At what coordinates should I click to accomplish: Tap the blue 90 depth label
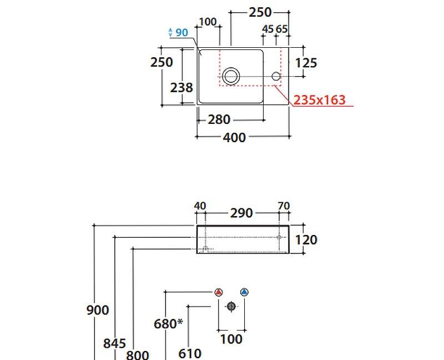coord(181,33)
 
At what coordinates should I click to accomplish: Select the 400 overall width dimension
coord(234,137)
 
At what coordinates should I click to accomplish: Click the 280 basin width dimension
coord(219,119)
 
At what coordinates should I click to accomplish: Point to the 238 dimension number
coord(181,87)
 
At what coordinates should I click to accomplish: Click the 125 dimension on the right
coord(306,63)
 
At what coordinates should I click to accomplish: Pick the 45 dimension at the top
coord(268,29)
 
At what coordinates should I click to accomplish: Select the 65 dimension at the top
coord(281,29)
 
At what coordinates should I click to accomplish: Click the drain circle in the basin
coord(231,76)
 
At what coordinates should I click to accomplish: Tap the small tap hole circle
coord(276,76)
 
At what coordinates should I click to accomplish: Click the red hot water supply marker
coord(219,292)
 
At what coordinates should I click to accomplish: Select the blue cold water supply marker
coord(244,292)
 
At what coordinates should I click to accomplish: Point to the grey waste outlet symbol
coord(231,306)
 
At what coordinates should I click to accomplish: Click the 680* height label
coord(168,323)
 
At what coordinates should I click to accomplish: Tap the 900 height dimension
coord(98,310)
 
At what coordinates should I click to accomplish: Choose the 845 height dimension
coord(114,343)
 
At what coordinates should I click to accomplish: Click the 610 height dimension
coord(190,353)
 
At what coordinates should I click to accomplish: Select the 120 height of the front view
coord(306,239)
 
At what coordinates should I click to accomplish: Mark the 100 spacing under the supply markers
coord(231,338)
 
